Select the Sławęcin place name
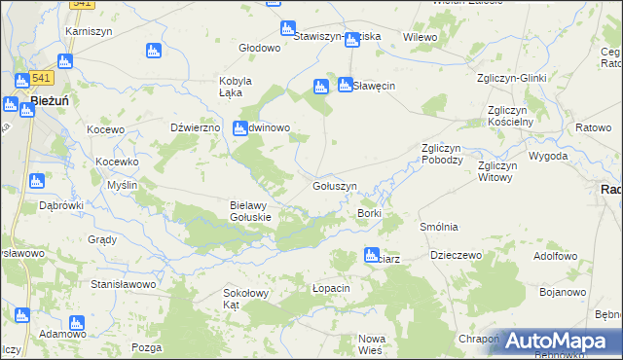point(373,86)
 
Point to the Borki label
point(369,213)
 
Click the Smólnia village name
point(438,227)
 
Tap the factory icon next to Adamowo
point(21,315)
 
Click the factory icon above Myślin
point(37,180)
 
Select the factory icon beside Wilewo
point(352,38)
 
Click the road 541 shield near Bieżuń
point(41,77)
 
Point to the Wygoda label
point(547,156)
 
